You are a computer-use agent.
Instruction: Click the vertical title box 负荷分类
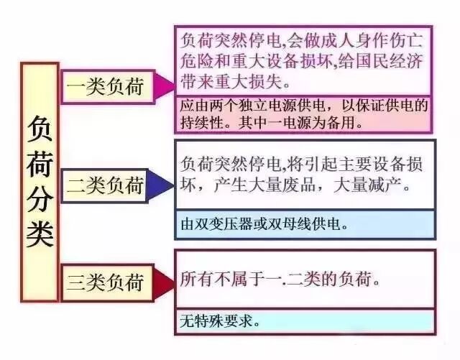pyautogui.click(x=40, y=180)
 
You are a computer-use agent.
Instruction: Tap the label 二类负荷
pyautogui.click(x=105, y=185)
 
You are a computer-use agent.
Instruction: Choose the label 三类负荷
pyautogui.click(x=105, y=282)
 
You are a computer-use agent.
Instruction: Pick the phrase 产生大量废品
pyautogui.click(x=269, y=186)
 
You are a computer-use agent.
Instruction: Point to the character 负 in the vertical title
pyautogui.click(x=40, y=131)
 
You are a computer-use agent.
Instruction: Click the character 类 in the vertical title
pyautogui.click(x=40, y=231)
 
